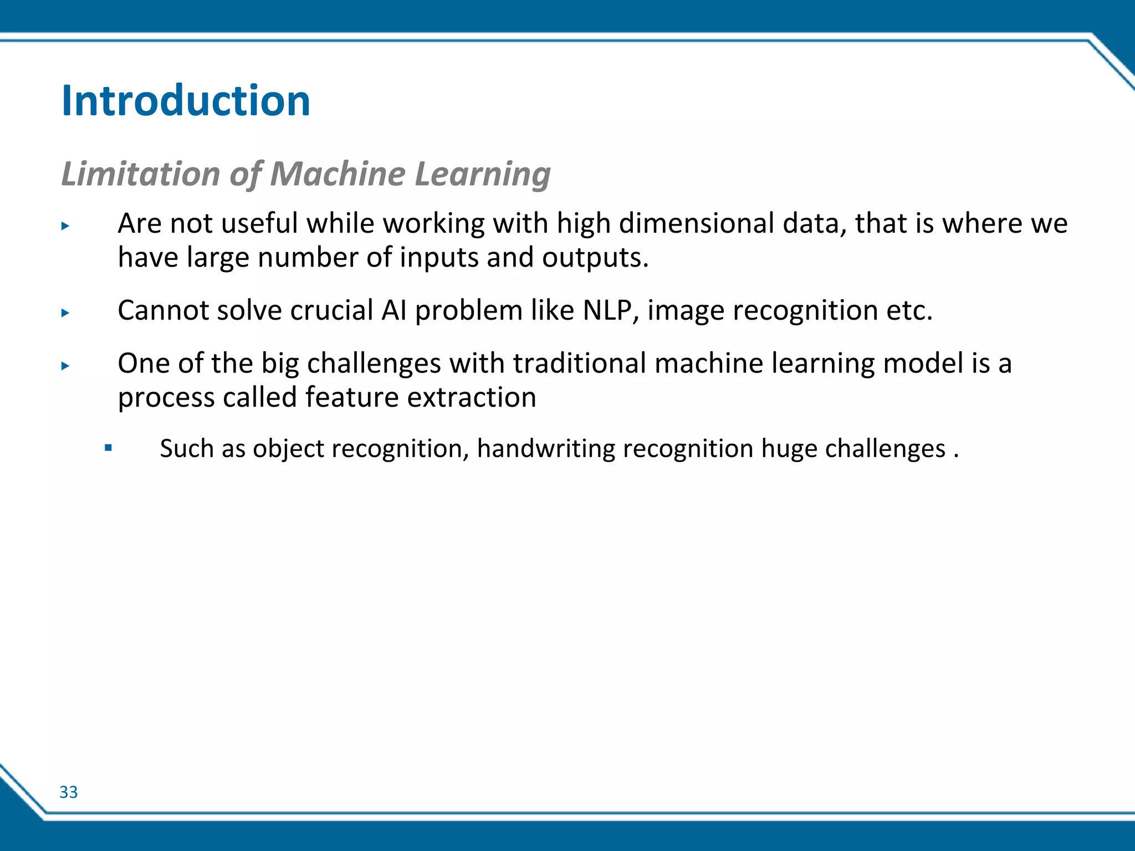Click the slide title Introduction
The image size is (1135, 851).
point(186,101)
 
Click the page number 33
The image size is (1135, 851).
point(69,792)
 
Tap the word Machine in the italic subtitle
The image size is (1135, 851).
point(338,173)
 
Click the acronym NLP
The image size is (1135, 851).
point(607,310)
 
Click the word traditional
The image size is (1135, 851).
point(580,363)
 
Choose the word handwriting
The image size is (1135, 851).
point(546,448)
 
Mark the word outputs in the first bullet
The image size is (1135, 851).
point(595,258)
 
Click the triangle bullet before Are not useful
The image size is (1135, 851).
point(65,225)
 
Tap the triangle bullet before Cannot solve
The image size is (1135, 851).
point(65,312)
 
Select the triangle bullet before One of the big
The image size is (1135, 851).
point(65,366)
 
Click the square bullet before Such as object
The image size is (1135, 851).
point(108,447)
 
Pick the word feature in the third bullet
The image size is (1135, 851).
point(351,397)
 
